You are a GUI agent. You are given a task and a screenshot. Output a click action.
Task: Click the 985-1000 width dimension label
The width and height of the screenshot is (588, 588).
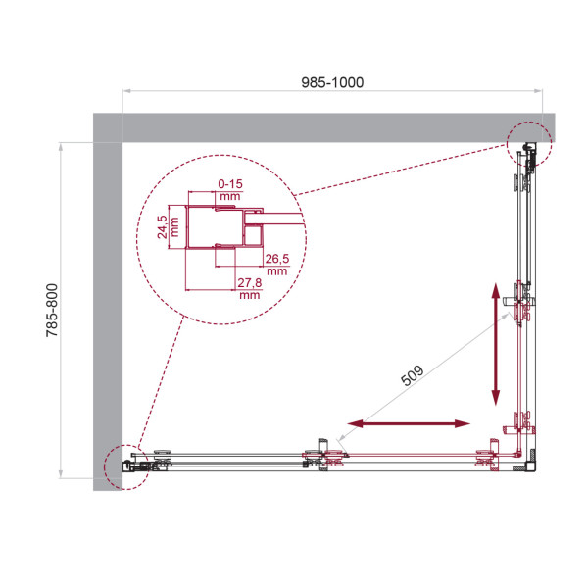click(333, 82)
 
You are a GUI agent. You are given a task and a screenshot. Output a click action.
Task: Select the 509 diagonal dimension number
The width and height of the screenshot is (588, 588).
click(412, 373)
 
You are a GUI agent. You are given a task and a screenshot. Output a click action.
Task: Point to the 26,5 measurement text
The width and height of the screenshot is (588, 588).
click(275, 259)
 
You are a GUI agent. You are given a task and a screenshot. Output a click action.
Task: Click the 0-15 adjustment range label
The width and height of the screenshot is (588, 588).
click(230, 183)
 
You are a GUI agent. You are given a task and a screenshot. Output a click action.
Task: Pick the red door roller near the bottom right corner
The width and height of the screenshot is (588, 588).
click(484, 459)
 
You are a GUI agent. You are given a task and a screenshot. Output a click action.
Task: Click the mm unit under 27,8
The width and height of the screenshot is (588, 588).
click(248, 294)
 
